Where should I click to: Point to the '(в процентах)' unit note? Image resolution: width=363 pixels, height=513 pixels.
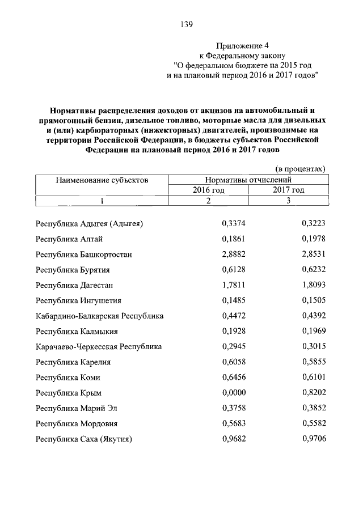(x=300, y=169)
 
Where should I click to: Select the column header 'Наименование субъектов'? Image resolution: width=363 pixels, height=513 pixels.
(x=102, y=180)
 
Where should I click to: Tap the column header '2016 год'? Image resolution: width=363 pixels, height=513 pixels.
(x=208, y=190)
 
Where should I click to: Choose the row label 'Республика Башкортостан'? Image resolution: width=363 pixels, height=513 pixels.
(x=83, y=255)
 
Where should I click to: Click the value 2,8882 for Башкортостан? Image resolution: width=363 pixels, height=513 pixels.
(x=233, y=255)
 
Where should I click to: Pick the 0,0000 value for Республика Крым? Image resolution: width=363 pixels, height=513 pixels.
(x=233, y=392)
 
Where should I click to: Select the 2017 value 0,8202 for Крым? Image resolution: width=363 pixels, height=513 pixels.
(x=314, y=392)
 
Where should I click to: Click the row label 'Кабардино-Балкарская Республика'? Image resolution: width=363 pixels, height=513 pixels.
(x=99, y=316)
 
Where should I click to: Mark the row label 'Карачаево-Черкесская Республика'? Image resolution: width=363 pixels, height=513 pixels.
(x=99, y=346)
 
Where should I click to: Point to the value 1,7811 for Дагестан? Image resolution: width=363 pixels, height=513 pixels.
(x=233, y=285)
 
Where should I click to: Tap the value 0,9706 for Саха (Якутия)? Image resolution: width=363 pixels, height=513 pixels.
(x=314, y=438)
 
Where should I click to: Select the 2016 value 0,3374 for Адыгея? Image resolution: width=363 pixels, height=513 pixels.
(x=233, y=224)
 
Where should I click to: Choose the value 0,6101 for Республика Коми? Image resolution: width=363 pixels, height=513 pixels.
(x=314, y=377)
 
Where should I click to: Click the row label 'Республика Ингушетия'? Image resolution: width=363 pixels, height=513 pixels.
(x=78, y=300)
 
